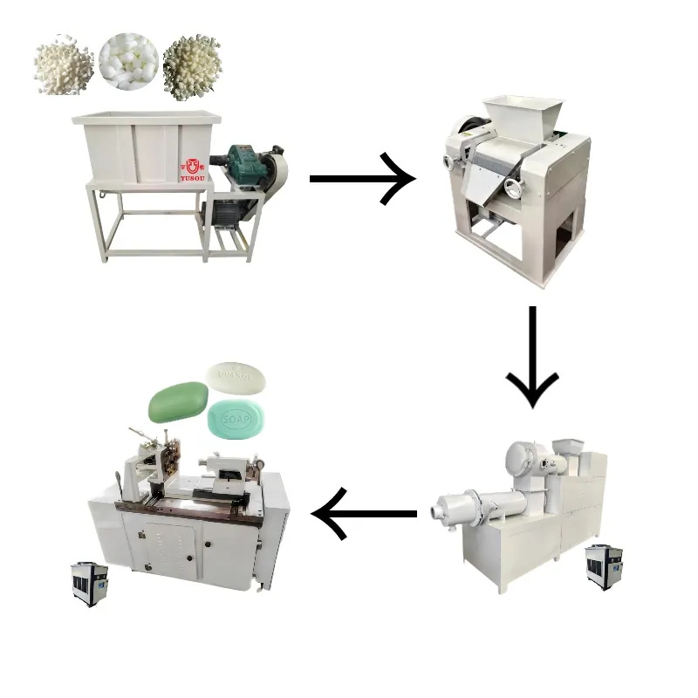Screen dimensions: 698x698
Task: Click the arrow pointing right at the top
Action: tap(362, 178)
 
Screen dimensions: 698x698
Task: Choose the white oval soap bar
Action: tap(236, 377)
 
